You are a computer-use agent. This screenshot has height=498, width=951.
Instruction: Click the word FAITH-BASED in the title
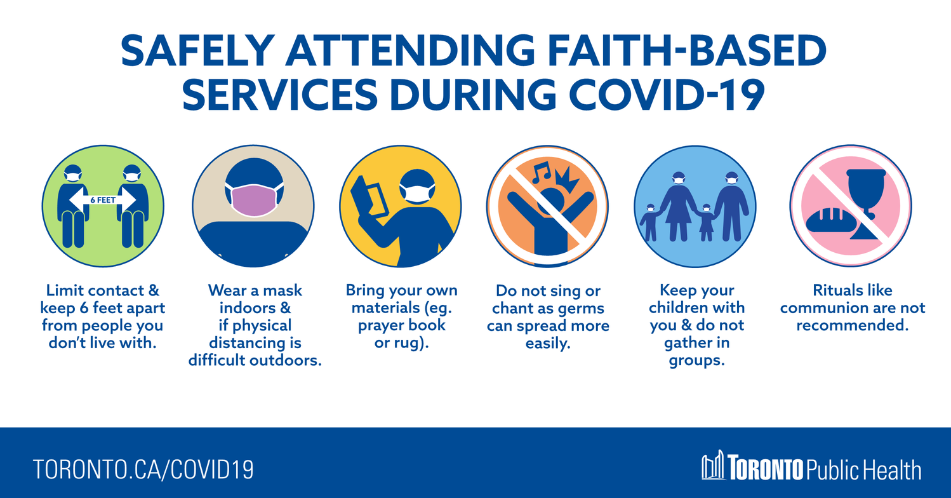click(686, 50)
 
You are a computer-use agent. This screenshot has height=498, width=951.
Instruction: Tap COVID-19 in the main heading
click(667, 95)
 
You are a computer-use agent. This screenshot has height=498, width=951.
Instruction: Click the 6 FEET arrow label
click(103, 199)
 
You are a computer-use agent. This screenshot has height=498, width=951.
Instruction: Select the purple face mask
click(254, 200)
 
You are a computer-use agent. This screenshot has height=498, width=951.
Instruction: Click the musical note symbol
click(542, 172)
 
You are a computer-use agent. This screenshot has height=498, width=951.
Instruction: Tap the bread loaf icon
click(830, 220)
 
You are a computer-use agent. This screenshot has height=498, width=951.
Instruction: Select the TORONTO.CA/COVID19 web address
click(143, 469)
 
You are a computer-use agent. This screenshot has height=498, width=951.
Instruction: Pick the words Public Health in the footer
click(863, 470)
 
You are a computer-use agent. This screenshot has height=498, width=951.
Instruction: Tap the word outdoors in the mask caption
click(285, 360)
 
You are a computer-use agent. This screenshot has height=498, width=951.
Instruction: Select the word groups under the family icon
click(696, 361)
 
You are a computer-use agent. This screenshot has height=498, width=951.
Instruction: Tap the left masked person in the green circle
click(73, 206)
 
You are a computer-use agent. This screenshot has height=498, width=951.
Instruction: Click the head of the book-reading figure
click(417, 185)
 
